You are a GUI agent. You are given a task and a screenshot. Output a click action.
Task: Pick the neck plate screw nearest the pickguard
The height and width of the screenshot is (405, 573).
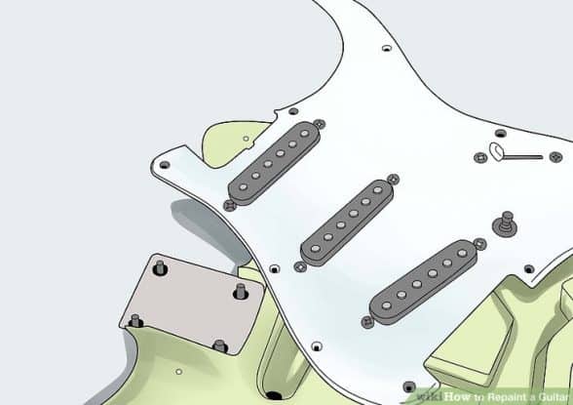click(240, 291)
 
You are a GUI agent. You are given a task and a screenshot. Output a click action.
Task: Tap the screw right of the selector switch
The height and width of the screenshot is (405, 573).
click(554, 157)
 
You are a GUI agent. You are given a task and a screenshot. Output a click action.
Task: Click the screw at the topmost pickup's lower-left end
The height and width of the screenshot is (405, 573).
click(230, 204)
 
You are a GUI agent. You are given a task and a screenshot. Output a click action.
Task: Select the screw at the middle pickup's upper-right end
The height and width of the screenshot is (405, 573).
click(393, 180)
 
